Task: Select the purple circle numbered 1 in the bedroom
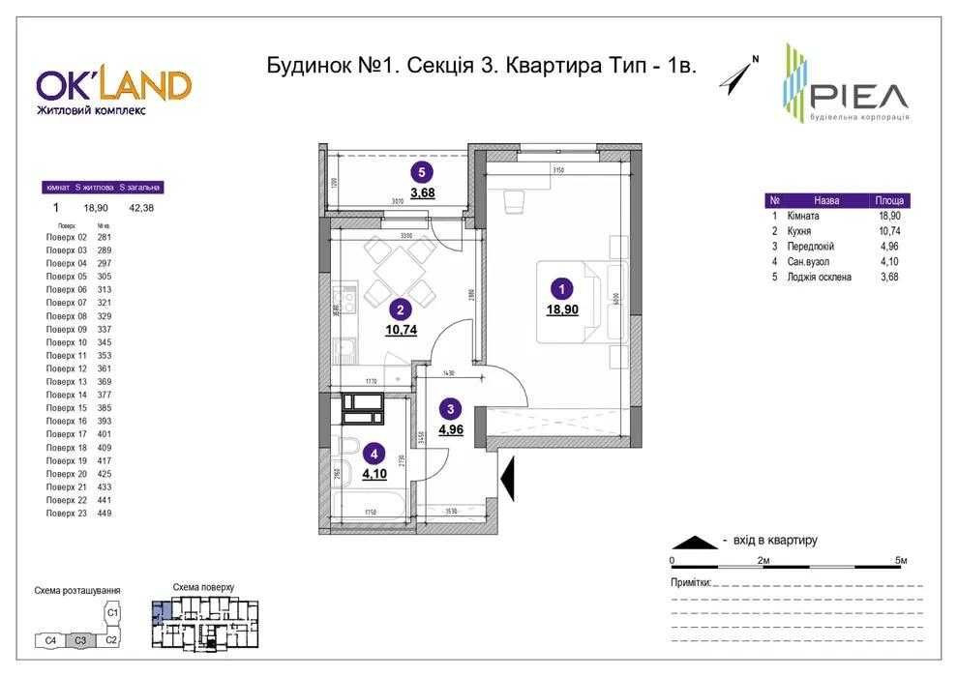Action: (559, 287)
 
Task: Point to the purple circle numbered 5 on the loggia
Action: (421, 173)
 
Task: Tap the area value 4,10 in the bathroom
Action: (374, 473)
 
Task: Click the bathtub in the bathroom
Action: (367, 506)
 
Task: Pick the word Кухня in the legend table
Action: (798, 232)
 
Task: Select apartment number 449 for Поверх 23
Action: (105, 514)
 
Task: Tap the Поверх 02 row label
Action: (67, 237)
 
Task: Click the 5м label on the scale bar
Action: (900, 561)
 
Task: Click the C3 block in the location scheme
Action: (81, 640)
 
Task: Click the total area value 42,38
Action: (140, 206)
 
